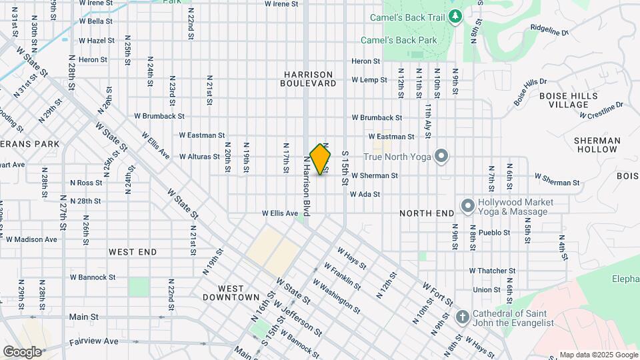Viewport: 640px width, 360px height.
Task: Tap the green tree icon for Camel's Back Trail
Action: tap(455, 15)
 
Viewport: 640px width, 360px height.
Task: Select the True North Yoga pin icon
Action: tap(440, 157)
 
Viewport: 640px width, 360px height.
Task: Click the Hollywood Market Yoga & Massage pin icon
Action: tap(467, 207)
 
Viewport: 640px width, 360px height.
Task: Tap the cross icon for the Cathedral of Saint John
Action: tap(463, 317)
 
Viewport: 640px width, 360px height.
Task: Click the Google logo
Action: tap(22, 351)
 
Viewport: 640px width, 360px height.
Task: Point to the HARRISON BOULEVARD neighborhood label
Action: tap(308, 79)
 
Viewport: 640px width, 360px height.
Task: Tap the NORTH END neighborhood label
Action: tap(427, 213)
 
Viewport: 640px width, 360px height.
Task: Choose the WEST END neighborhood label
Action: tap(133, 252)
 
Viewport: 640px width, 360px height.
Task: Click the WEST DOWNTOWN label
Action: tap(231, 292)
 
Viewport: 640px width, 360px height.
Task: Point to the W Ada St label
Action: tap(365, 195)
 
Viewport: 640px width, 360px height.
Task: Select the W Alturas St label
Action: tap(199, 157)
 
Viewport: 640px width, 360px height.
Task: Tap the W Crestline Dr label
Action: tap(601, 110)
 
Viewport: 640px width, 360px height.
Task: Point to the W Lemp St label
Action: tap(369, 80)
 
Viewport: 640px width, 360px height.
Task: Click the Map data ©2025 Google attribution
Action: tap(598, 355)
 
